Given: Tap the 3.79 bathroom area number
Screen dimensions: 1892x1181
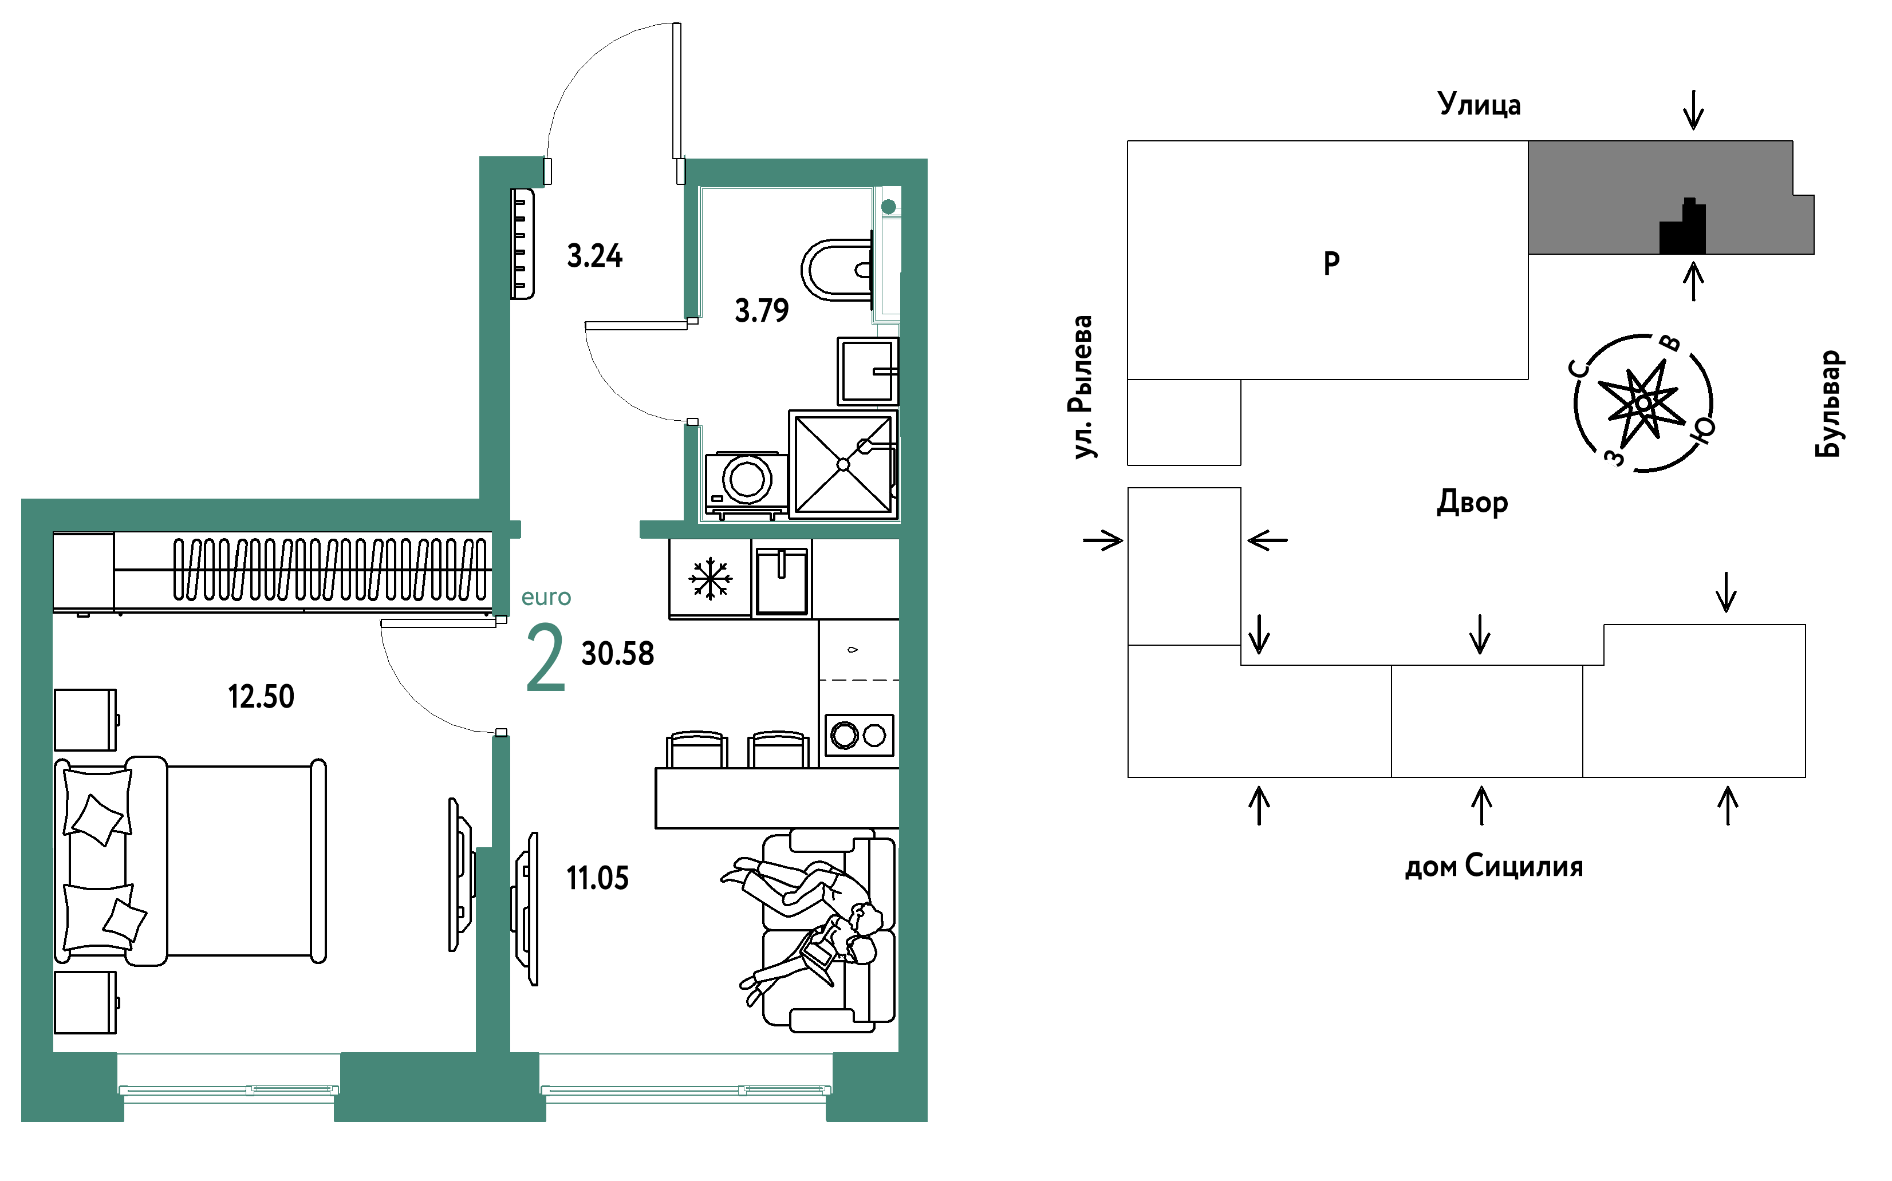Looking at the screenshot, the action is coord(762,311).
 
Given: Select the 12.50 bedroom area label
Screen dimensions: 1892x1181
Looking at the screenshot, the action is coord(261,697).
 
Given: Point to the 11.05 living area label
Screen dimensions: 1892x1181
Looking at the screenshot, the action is coord(598,878).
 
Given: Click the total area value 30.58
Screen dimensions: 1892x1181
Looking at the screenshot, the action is coord(618,654).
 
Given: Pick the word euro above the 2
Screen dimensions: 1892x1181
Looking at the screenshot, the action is coord(546,598).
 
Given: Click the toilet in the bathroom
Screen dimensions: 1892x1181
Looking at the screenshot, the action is coord(837,270).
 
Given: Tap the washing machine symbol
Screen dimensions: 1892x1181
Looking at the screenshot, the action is coord(746,485).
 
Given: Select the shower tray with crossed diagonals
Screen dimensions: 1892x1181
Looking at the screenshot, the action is coord(843,465).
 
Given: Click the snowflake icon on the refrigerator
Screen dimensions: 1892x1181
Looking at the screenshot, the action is coord(710,579).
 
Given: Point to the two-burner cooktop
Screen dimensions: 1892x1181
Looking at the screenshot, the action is coord(860,735).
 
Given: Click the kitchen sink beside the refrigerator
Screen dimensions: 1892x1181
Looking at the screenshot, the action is coord(781,580).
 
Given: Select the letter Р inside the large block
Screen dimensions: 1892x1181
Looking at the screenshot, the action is coord(1332,263).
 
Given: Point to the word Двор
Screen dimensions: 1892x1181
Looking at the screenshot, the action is coord(1472,502).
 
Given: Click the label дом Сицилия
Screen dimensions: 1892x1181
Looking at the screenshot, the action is coord(1493,866).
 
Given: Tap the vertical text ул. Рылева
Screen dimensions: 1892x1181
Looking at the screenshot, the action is coord(1081,386).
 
